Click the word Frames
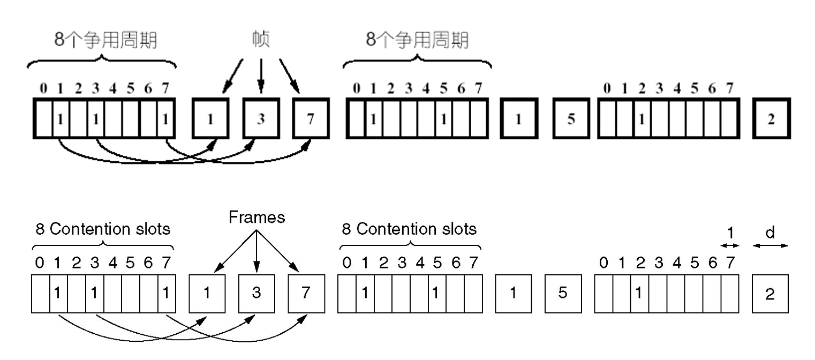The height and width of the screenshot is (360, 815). click(x=256, y=217)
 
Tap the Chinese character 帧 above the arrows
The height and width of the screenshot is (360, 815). click(x=261, y=40)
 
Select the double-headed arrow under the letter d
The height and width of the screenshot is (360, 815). click(x=771, y=246)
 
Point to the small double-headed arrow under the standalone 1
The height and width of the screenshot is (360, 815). click(x=730, y=246)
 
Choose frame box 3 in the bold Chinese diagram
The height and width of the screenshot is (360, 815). click(x=261, y=119)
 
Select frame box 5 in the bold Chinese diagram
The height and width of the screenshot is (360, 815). click(x=571, y=119)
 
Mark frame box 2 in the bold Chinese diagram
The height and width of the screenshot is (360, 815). click(x=771, y=119)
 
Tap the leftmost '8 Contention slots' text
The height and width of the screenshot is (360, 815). click(x=103, y=230)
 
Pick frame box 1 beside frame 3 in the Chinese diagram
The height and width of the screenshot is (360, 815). click(x=210, y=119)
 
